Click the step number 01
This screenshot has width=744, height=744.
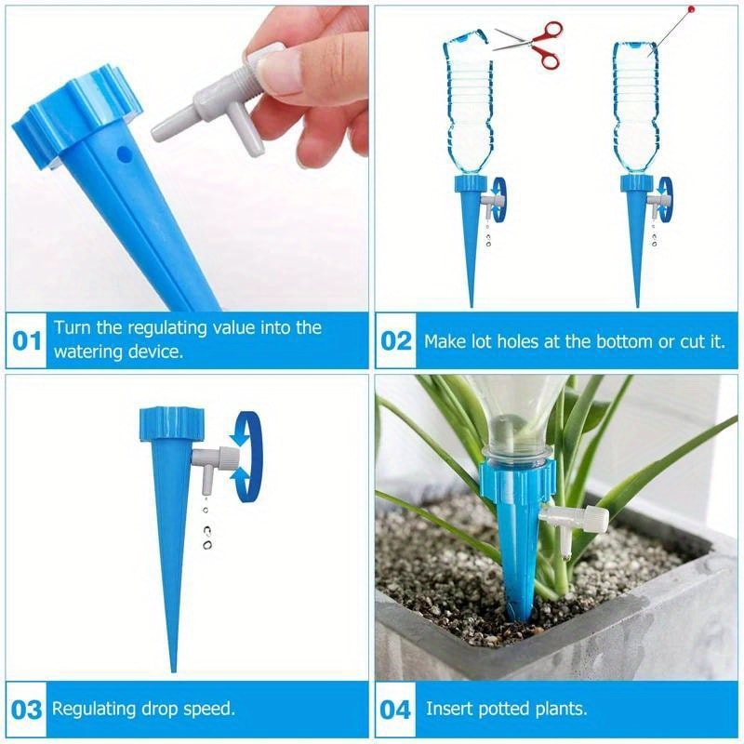point(27,340)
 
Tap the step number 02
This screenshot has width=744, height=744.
point(396,340)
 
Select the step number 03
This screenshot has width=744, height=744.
point(27,710)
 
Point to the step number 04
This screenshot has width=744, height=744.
point(396,710)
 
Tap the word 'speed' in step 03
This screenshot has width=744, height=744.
point(208,709)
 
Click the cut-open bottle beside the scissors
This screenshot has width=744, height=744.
point(465,102)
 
